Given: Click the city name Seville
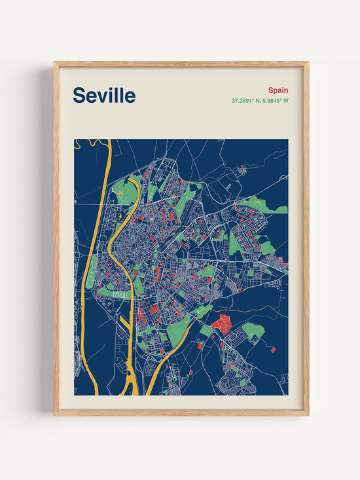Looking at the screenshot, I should tap(104, 96).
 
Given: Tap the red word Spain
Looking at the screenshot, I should tap(278, 90).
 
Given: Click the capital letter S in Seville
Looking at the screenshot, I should tap(79, 96).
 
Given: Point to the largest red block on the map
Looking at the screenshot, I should tap(221, 323).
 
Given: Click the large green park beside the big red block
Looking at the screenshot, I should tap(253, 331).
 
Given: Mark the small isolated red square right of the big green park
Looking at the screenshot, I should tap(274, 350).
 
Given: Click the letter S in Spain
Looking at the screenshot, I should tap(270, 90).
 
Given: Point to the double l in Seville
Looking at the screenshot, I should tap(118, 96).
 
